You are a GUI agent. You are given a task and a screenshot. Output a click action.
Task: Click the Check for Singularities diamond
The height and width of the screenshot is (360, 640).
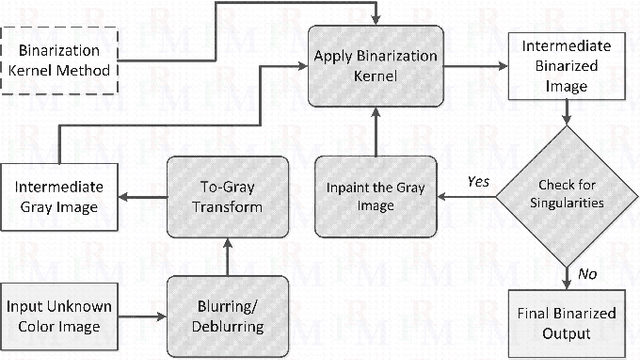[x=567, y=194]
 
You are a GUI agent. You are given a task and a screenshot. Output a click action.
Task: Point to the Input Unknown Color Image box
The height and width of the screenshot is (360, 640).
[x=60, y=309]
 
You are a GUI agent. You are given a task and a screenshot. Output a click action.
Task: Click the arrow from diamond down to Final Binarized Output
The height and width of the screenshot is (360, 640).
[x=567, y=271]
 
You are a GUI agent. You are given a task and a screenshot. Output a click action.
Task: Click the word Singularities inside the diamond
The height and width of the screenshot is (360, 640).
[x=567, y=202]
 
